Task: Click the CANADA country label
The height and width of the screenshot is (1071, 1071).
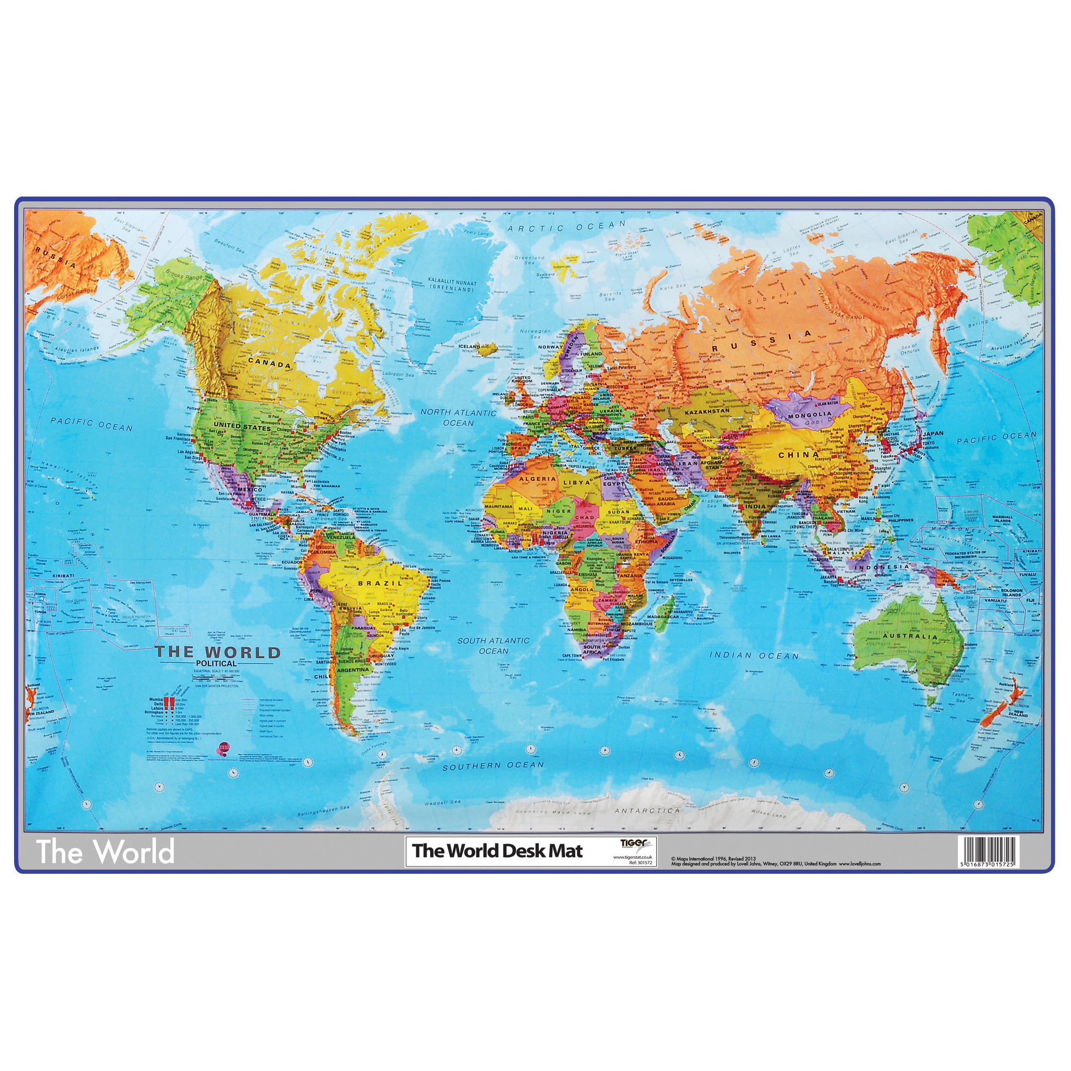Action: point(269,364)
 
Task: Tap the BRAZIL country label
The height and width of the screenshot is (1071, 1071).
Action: point(380,584)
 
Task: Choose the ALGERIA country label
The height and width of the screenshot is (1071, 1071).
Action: point(537,479)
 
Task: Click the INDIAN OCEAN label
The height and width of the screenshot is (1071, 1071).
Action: point(754,656)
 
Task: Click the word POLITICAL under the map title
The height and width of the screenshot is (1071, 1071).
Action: point(216,663)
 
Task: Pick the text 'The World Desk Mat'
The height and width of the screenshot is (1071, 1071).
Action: point(497,850)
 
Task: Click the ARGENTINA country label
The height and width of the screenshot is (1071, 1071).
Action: point(353,670)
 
